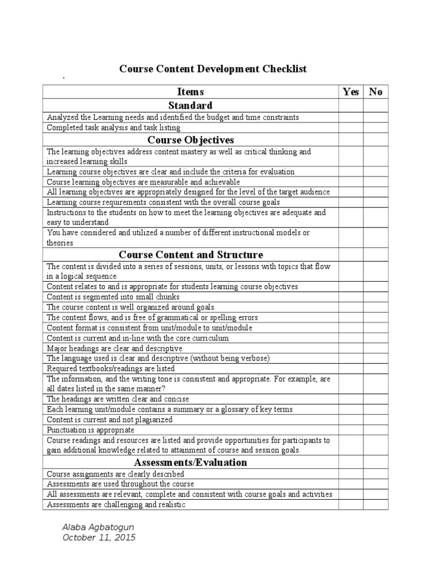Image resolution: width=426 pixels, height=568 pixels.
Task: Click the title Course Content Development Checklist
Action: pyautogui.click(x=213, y=69)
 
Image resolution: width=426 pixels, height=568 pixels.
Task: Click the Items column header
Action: pyautogui.click(x=190, y=92)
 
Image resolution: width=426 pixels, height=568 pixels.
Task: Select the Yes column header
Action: pyautogui.click(x=351, y=92)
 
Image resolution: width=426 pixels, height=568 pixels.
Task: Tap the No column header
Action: pyautogui.click(x=376, y=92)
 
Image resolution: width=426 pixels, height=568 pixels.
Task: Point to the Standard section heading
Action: pyautogui.click(x=190, y=105)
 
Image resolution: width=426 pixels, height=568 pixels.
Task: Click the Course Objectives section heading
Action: pyautogui.click(x=190, y=139)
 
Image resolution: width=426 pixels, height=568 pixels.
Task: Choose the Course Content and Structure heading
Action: pyautogui.click(x=190, y=255)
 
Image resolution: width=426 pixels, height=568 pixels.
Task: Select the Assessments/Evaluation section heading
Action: pyautogui.click(x=190, y=462)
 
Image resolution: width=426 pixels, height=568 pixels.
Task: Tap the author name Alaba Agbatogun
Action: pyautogui.click(x=98, y=526)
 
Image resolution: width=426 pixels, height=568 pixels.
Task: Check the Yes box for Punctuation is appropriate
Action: pyautogui.click(x=351, y=430)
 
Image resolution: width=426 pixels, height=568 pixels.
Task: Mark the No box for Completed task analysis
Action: pyautogui.click(x=376, y=128)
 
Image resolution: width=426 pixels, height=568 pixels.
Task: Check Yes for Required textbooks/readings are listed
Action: pyautogui.click(x=351, y=368)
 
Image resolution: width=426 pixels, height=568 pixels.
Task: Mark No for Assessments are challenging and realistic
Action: pyautogui.click(x=376, y=505)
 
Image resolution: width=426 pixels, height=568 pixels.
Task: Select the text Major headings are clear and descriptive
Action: pyautogui.click(x=114, y=348)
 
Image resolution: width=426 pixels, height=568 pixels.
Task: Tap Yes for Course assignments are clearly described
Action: pyautogui.click(x=351, y=474)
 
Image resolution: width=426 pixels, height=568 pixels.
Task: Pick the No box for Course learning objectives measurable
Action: pyautogui.click(x=376, y=182)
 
